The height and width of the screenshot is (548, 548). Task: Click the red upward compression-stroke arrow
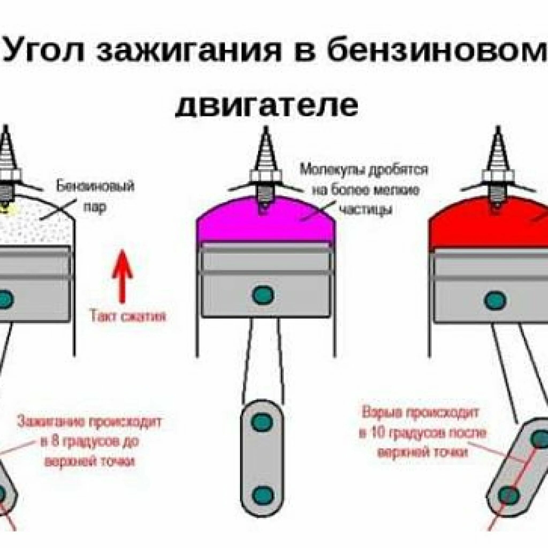[122, 275]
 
